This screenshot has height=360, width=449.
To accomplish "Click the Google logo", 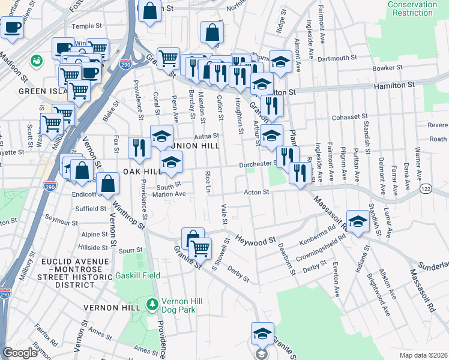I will tap(20, 353).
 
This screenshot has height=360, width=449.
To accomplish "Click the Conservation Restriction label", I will tap(412, 8).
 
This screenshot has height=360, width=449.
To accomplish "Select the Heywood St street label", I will tap(255, 239).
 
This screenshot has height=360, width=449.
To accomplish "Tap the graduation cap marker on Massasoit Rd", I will tap(358, 222).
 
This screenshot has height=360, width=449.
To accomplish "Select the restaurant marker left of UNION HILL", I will tap(139, 148).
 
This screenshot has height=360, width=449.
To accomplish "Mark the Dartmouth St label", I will tap(338, 59).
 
